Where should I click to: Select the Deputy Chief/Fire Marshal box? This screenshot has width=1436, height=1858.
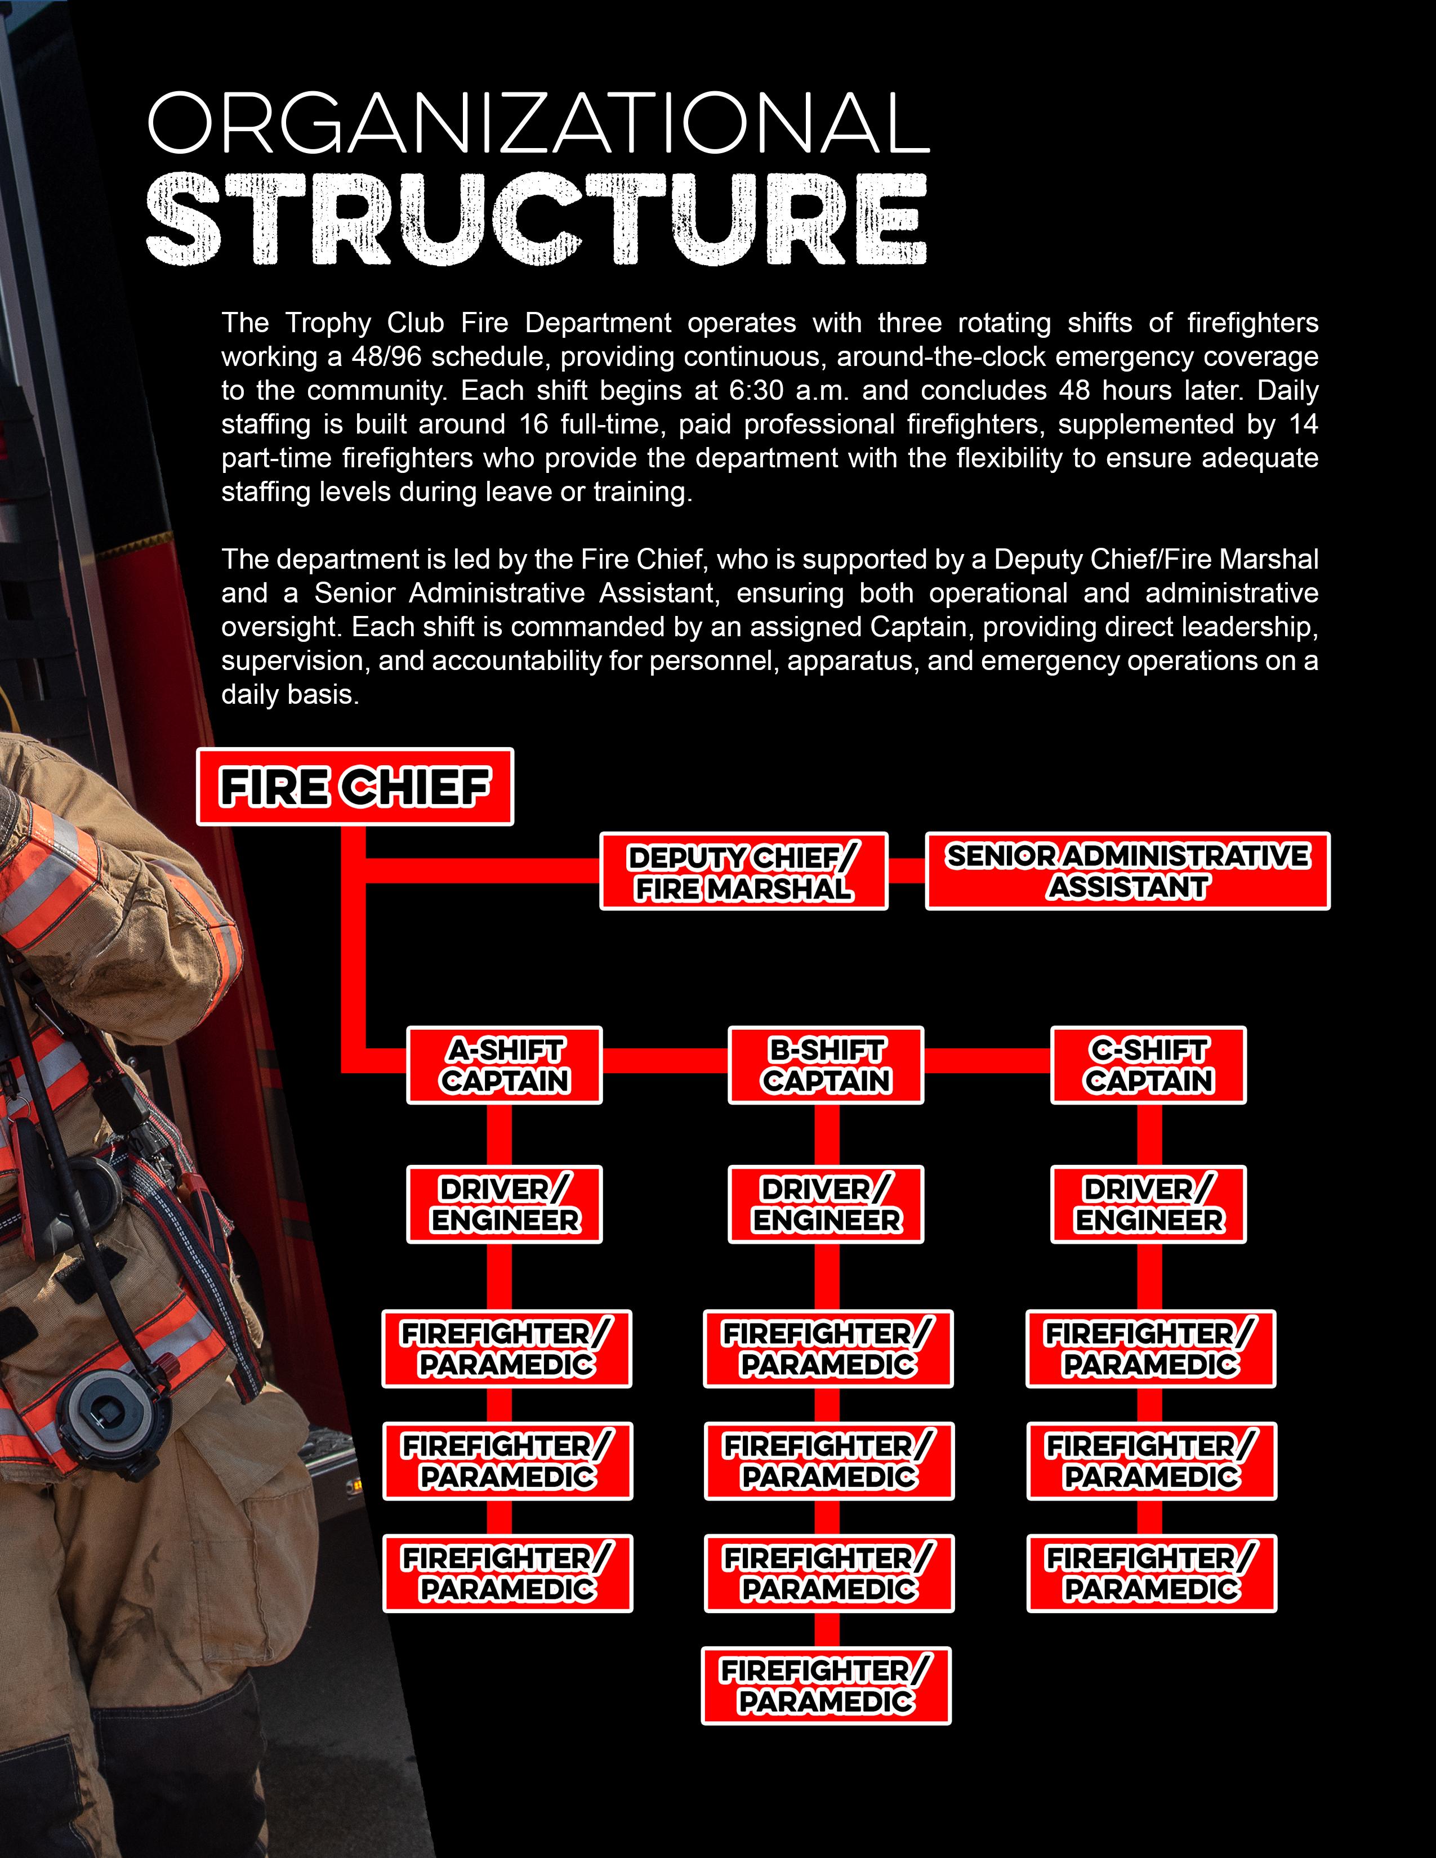pyautogui.click(x=743, y=871)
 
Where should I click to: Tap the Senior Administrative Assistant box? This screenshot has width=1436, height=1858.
pyautogui.click(x=1127, y=871)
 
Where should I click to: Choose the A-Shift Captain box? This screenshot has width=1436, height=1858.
pyautogui.click(x=505, y=1065)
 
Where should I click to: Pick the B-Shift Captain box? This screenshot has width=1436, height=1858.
pyautogui.click(x=826, y=1065)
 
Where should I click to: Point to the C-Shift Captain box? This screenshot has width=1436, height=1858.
pyautogui.click(x=1148, y=1065)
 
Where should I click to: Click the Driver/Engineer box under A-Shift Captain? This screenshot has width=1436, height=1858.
pyautogui.click(x=505, y=1205)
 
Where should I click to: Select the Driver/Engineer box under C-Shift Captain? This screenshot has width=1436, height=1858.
pyautogui.click(x=1148, y=1205)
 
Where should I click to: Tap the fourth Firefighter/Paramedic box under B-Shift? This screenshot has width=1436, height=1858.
pyautogui.click(x=826, y=1686)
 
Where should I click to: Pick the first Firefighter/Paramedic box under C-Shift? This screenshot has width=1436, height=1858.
pyautogui.click(x=1150, y=1349)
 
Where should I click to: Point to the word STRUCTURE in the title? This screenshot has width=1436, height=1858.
pyautogui.click(x=536, y=220)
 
